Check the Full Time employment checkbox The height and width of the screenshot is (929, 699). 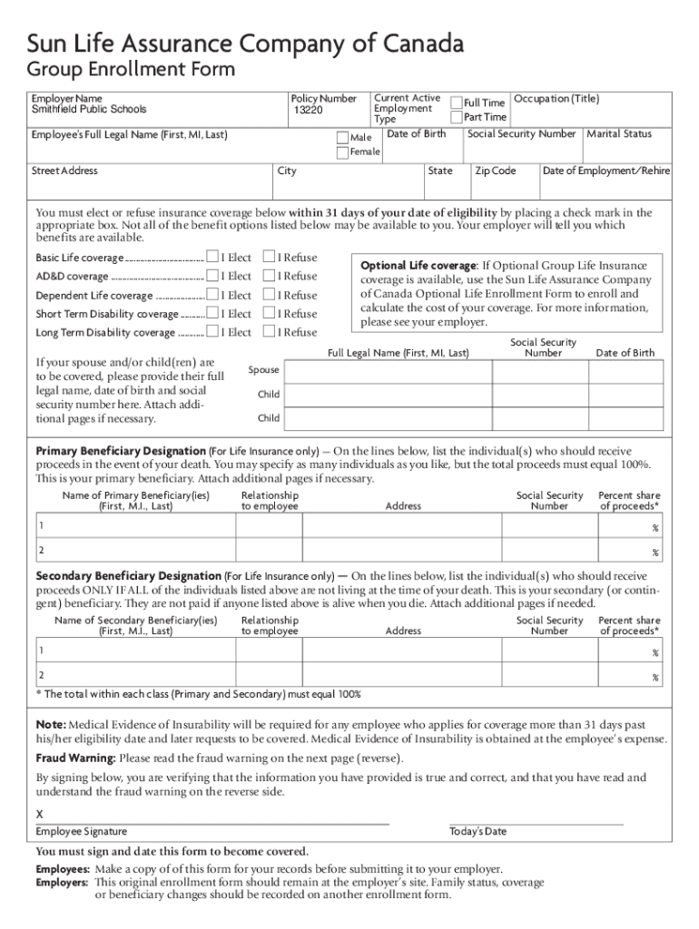[x=457, y=103]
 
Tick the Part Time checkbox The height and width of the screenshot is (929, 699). [x=457, y=117]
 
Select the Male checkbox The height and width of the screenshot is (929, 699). [x=342, y=137]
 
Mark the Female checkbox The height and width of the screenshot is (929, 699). [x=342, y=152]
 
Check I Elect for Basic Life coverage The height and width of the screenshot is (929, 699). [x=212, y=258]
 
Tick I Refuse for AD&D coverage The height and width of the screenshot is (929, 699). [x=269, y=276]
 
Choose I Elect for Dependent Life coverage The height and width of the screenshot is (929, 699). [x=212, y=295]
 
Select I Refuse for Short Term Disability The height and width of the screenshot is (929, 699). [x=269, y=314]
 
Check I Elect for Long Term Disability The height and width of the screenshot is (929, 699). [x=212, y=332]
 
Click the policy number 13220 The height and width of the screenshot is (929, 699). [x=307, y=110]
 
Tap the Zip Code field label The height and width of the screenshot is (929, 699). [x=495, y=171]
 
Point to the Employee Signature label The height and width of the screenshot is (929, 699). [x=81, y=831]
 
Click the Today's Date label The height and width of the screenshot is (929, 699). [x=477, y=831]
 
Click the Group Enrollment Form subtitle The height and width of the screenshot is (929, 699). [x=130, y=70]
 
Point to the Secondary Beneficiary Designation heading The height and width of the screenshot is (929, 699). [x=128, y=576]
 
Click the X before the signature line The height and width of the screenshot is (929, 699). [x=39, y=814]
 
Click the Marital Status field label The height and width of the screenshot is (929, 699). [x=619, y=133]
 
